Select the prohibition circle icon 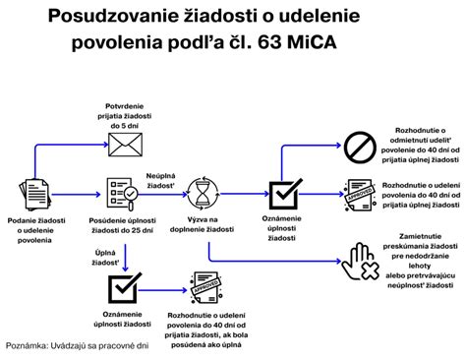358,147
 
